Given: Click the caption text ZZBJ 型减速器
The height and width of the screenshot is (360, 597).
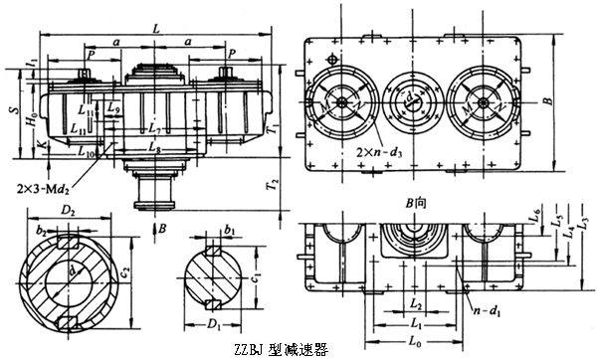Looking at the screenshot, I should tap(280, 349).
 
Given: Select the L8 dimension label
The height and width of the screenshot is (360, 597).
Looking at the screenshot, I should tap(152, 148).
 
